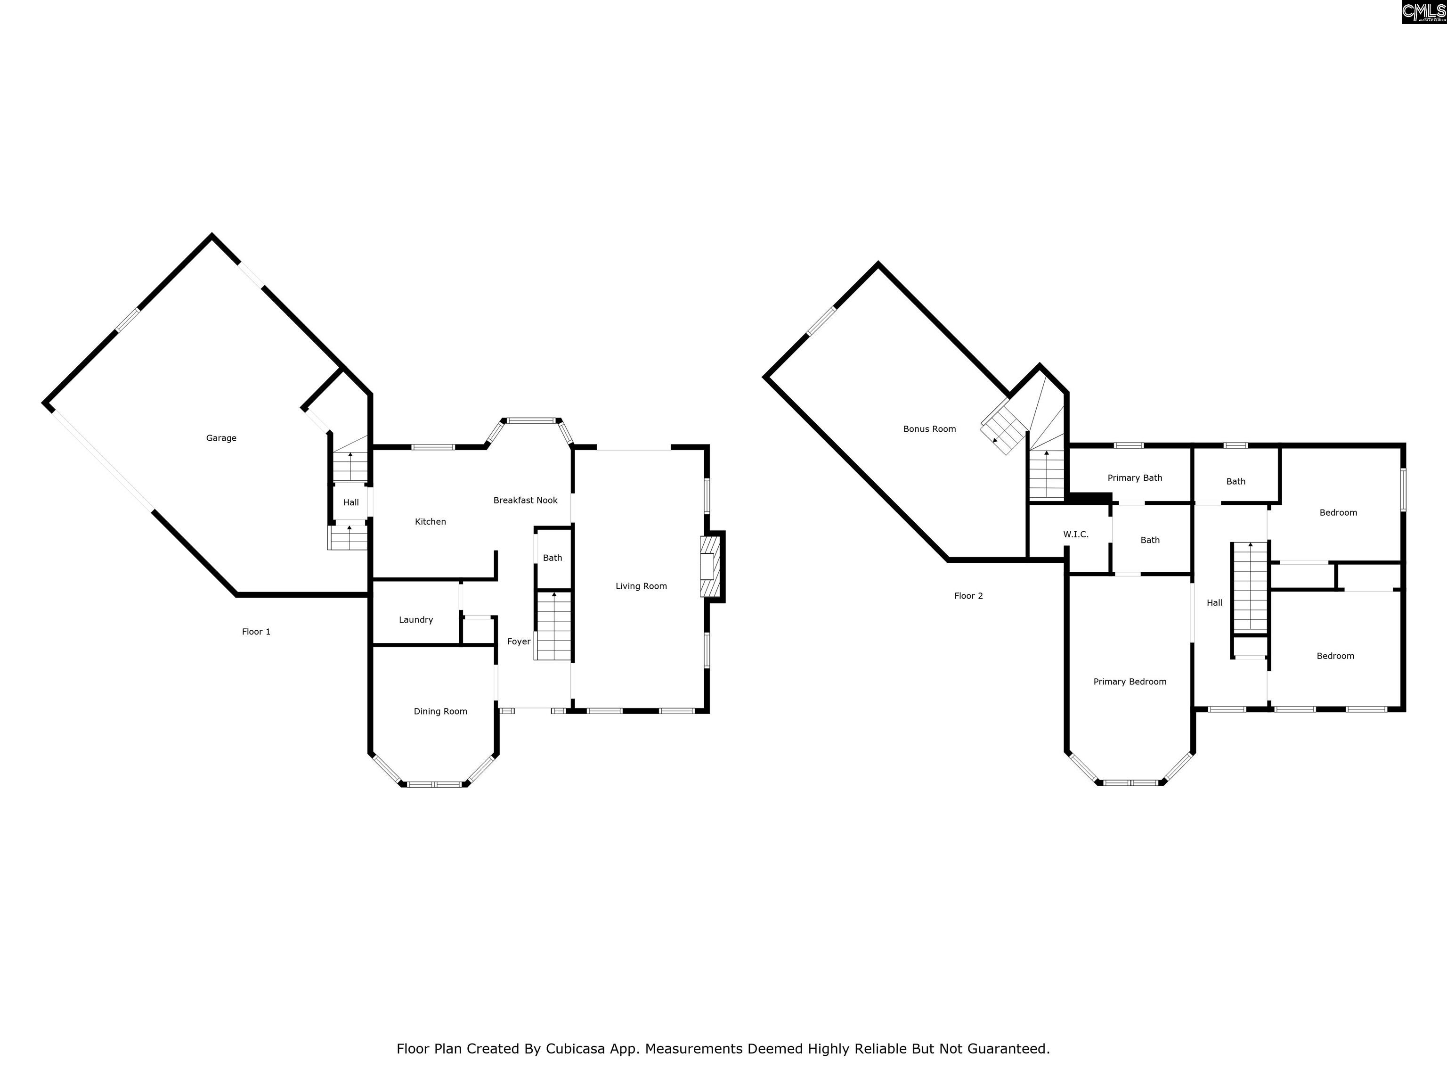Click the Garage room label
tap(221, 438)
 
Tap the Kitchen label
tap(431, 522)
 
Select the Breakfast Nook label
tap(525, 500)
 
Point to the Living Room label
tap(641, 586)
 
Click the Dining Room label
tap(440, 712)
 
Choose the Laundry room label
tap(416, 620)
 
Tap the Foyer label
tap(519, 642)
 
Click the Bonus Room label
tap(929, 429)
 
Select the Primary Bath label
tap(1135, 478)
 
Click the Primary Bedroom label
tap(1130, 682)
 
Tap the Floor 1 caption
tap(256, 632)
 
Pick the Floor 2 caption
tap(968, 596)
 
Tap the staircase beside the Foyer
tap(553, 625)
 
